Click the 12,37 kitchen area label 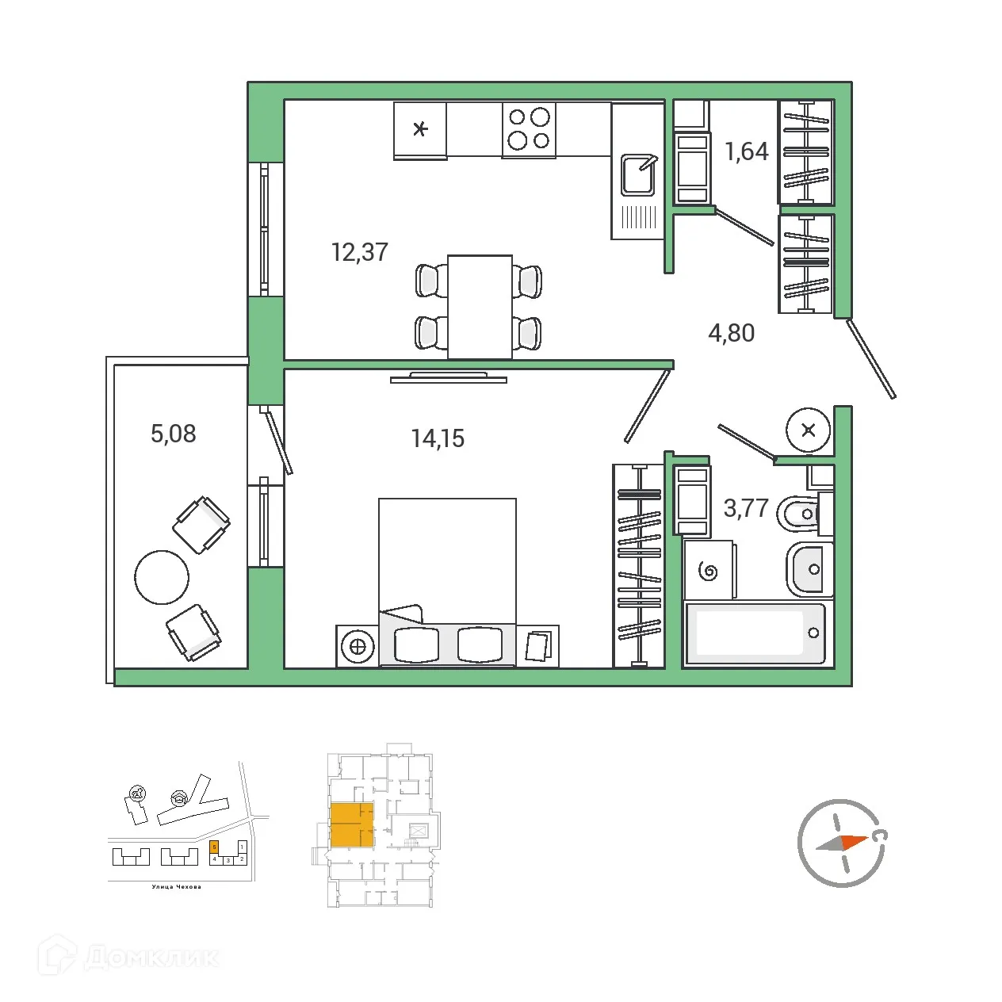click(x=359, y=252)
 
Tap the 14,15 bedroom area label click(x=438, y=438)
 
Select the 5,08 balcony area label click(x=173, y=434)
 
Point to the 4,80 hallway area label click(x=731, y=333)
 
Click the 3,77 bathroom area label click(x=746, y=507)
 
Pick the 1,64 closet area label click(x=747, y=151)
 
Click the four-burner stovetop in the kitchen click(x=529, y=129)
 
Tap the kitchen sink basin click(x=638, y=175)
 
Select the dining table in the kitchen click(x=480, y=307)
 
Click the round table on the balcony click(x=162, y=577)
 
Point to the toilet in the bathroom click(x=801, y=514)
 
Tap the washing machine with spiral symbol click(x=709, y=571)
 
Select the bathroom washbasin click(x=809, y=569)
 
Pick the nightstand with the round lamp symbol click(x=358, y=646)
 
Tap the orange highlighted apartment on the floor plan click(x=350, y=825)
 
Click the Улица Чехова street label click(x=176, y=887)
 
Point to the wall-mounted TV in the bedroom click(x=449, y=378)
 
